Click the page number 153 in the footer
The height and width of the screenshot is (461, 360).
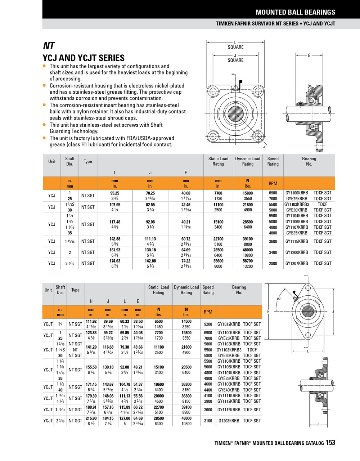pos(330,443)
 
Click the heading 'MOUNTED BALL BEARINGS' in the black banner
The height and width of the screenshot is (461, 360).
pos(295,12)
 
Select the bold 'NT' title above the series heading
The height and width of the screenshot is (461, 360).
pos(49,46)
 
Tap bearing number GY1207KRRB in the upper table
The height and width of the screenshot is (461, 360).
pos(297,263)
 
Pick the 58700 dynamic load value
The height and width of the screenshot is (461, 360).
pos(248,261)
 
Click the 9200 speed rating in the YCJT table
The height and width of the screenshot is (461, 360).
pos(208,324)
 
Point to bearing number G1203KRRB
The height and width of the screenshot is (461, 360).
pos(229,421)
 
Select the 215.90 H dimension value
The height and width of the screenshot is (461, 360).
pos(91,419)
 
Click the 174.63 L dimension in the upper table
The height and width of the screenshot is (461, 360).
pos(115,261)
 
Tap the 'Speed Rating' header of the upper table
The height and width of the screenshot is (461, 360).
pos(273,161)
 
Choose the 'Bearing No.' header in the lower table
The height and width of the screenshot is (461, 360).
pos(239,290)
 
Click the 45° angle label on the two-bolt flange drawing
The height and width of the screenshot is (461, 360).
pos(279,299)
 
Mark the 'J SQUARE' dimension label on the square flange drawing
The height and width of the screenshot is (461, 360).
pos(235,58)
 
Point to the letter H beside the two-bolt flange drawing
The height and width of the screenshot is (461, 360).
pos(268,312)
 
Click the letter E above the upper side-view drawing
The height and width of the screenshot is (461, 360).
pos(309,55)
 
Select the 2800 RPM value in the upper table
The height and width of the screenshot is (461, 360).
pos(273,263)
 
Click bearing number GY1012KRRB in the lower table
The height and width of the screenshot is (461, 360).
pos(229,324)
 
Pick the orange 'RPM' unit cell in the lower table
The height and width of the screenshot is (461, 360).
pos(208,312)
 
